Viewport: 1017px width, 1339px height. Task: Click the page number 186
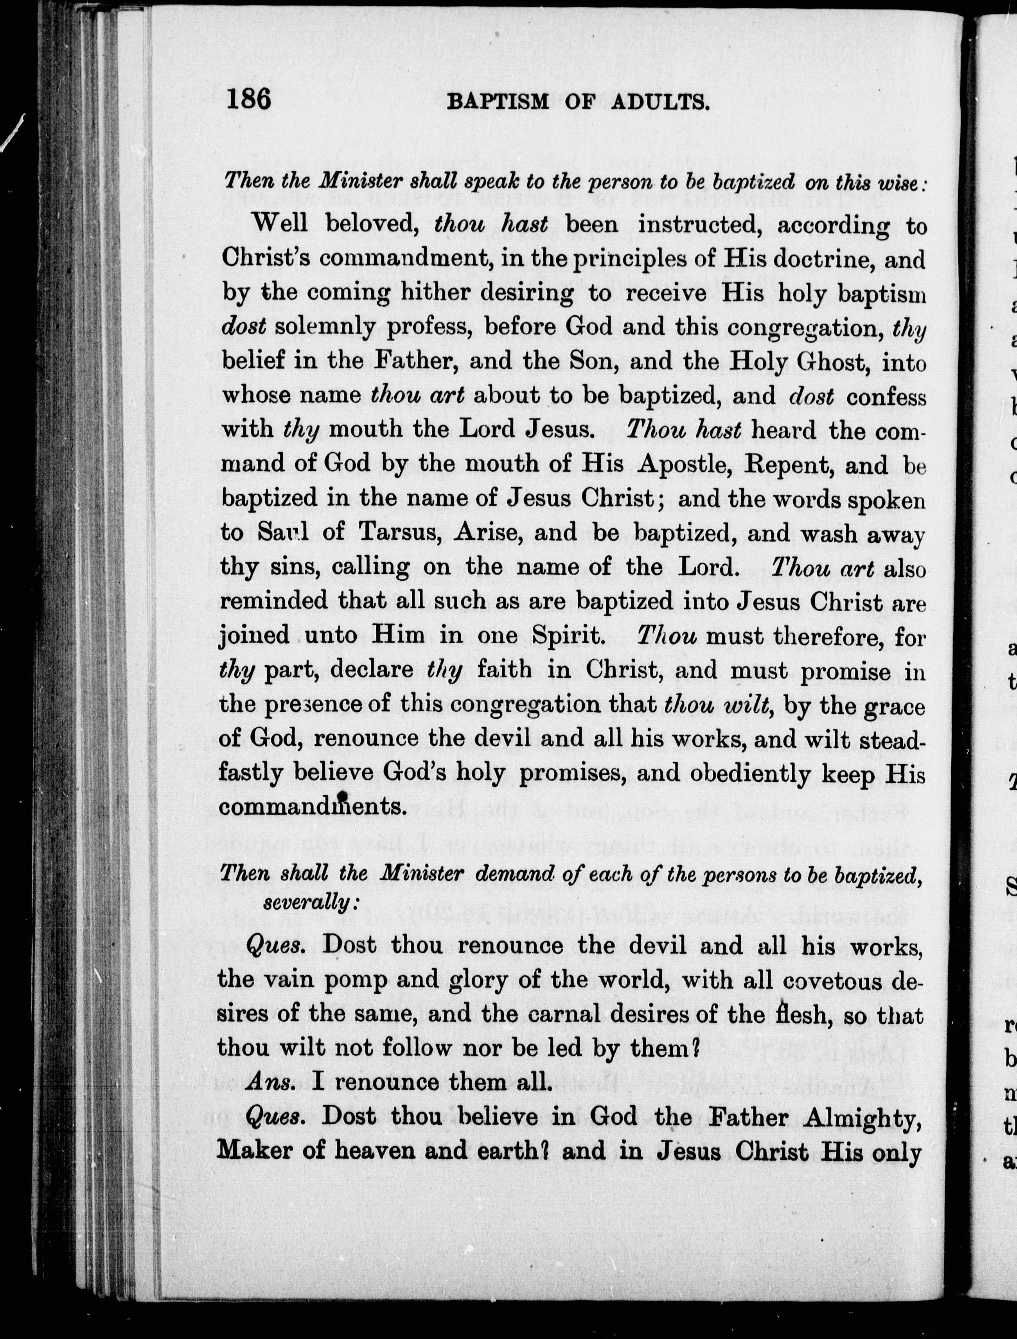point(249,99)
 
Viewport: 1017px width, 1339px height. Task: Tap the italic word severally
point(311,903)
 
